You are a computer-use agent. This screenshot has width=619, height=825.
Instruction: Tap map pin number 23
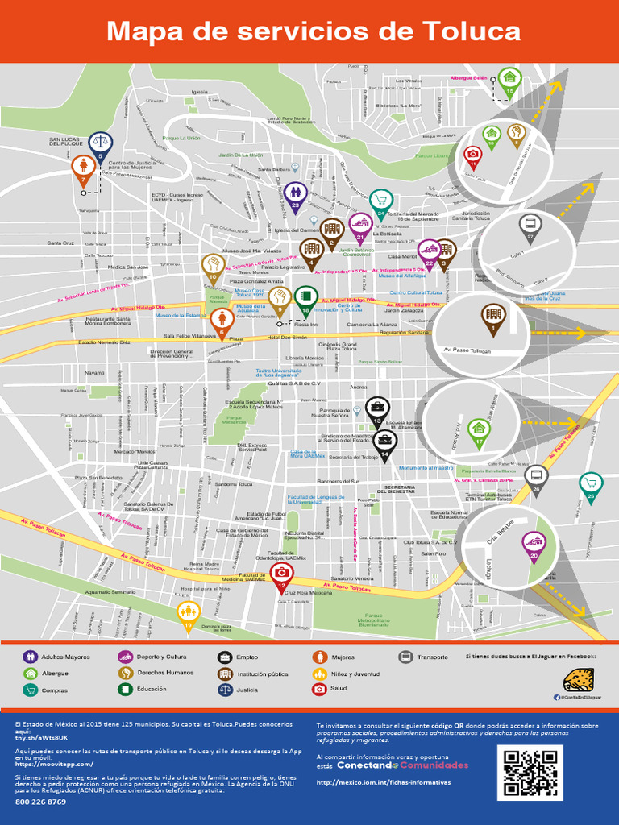(x=295, y=193)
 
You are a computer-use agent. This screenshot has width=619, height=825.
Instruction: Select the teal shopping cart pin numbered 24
(x=380, y=201)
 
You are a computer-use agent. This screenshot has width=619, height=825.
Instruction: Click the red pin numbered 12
(x=281, y=573)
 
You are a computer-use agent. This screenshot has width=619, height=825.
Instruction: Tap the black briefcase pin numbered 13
(x=377, y=408)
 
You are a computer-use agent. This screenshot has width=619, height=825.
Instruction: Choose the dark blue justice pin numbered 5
(x=100, y=144)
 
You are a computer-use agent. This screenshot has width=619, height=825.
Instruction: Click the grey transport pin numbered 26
(x=536, y=476)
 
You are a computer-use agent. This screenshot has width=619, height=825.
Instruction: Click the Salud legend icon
(x=319, y=690)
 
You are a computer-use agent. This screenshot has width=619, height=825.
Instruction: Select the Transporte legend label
(x=432, y=657)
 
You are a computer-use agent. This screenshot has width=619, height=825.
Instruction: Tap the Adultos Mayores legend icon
(x=31, y=657)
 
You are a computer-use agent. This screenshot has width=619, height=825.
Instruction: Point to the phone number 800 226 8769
(x=40, y=802)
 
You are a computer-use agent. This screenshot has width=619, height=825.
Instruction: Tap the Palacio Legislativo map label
(x=282, y=267)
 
